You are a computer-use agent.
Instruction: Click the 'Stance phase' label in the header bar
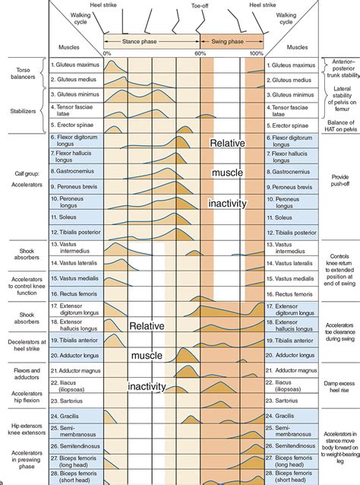(139, 42)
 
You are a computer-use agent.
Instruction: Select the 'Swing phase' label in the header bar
(227, 42)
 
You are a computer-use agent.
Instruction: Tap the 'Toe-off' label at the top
(200, 5)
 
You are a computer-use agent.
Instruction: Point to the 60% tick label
(200, 53)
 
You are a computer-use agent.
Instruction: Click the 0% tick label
(107, 53)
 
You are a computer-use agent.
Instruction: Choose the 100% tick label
(257, 53)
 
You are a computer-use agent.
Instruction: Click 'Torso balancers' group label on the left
(23, 73)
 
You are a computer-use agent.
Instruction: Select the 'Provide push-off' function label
(340, 180)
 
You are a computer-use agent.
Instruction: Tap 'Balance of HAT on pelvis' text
(341, 126)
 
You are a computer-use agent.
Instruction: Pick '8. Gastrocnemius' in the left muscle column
(73, 171)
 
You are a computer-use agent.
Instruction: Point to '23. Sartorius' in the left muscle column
(66, 401)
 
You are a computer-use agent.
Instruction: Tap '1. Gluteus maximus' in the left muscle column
(75, 65)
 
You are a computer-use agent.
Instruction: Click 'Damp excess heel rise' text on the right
(339, 387)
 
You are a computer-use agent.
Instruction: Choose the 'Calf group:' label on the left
(27, 173)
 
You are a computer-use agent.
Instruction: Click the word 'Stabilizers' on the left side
(24, 111)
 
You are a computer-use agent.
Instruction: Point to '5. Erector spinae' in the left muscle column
(72, 125)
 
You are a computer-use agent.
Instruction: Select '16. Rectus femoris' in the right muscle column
(289, 294)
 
